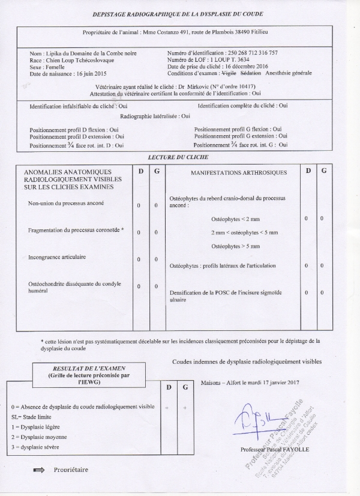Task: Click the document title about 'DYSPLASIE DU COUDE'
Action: point(178,14)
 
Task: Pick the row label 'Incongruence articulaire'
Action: point(56,257)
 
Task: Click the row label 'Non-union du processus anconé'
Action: point(65,203)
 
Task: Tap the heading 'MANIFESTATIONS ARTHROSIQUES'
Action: point(238,173)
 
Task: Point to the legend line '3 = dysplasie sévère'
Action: point(37,447)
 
